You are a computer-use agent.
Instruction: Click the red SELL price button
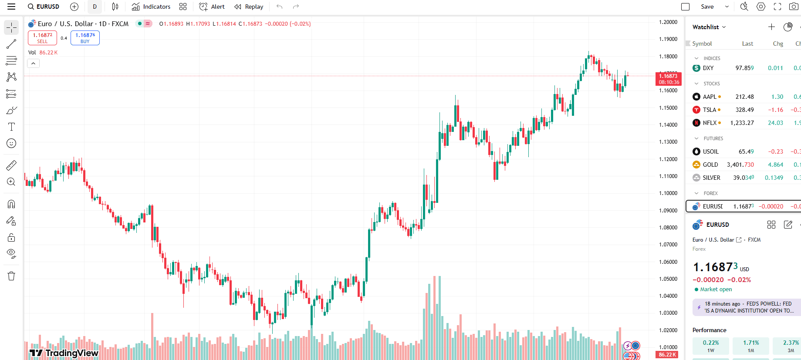click(x=42, y=38)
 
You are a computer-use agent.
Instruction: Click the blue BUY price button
click(x=85, y=38)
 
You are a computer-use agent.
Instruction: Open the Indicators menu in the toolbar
click(x=151, y=7)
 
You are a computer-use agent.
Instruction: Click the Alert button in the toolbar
click(x=212, y=7)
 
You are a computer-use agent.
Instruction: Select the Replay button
click(x=249, y=7)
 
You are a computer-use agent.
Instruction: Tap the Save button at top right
click(x=707, y=7)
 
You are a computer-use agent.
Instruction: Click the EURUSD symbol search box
click(x=44, y=7)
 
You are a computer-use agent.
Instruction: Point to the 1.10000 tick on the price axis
click(x=668, y=193)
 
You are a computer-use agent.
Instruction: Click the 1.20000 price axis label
click(x=668, y=22)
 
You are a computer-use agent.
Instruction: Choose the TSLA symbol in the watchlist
click(x=710, y=110)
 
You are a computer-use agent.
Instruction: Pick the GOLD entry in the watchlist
click(x=710, y=165)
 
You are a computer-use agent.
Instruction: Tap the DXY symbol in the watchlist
click(x=708, y=68)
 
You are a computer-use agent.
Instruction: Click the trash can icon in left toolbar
click(x=11, y=276)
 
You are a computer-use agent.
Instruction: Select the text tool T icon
click(x=11, y=127)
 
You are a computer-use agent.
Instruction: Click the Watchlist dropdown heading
click(x=709, y=27)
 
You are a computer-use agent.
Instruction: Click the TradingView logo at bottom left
click(x=64, y=353)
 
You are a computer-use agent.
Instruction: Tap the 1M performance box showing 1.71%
click(x=750, y=346)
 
